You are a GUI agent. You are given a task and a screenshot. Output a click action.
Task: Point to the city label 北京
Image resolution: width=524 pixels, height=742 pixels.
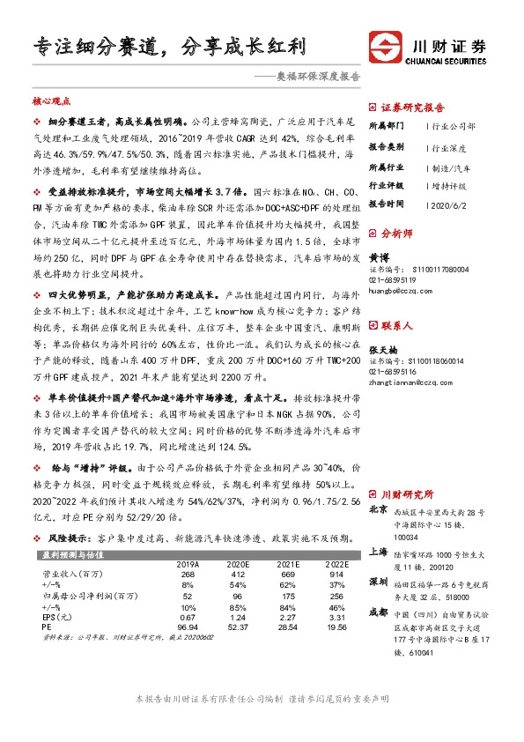click(379, 509)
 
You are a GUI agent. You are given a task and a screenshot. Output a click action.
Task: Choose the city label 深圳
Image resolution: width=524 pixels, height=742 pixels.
click(379, 582)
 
